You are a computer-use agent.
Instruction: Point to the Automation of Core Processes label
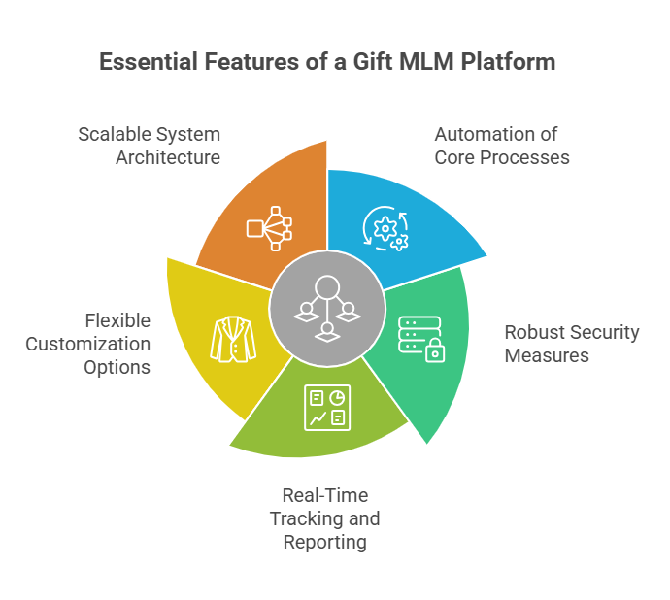501,146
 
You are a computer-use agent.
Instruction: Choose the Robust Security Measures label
572,344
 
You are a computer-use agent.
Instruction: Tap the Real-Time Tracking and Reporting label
324,519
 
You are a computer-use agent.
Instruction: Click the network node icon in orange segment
268,227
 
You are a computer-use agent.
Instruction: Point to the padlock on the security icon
434,351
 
